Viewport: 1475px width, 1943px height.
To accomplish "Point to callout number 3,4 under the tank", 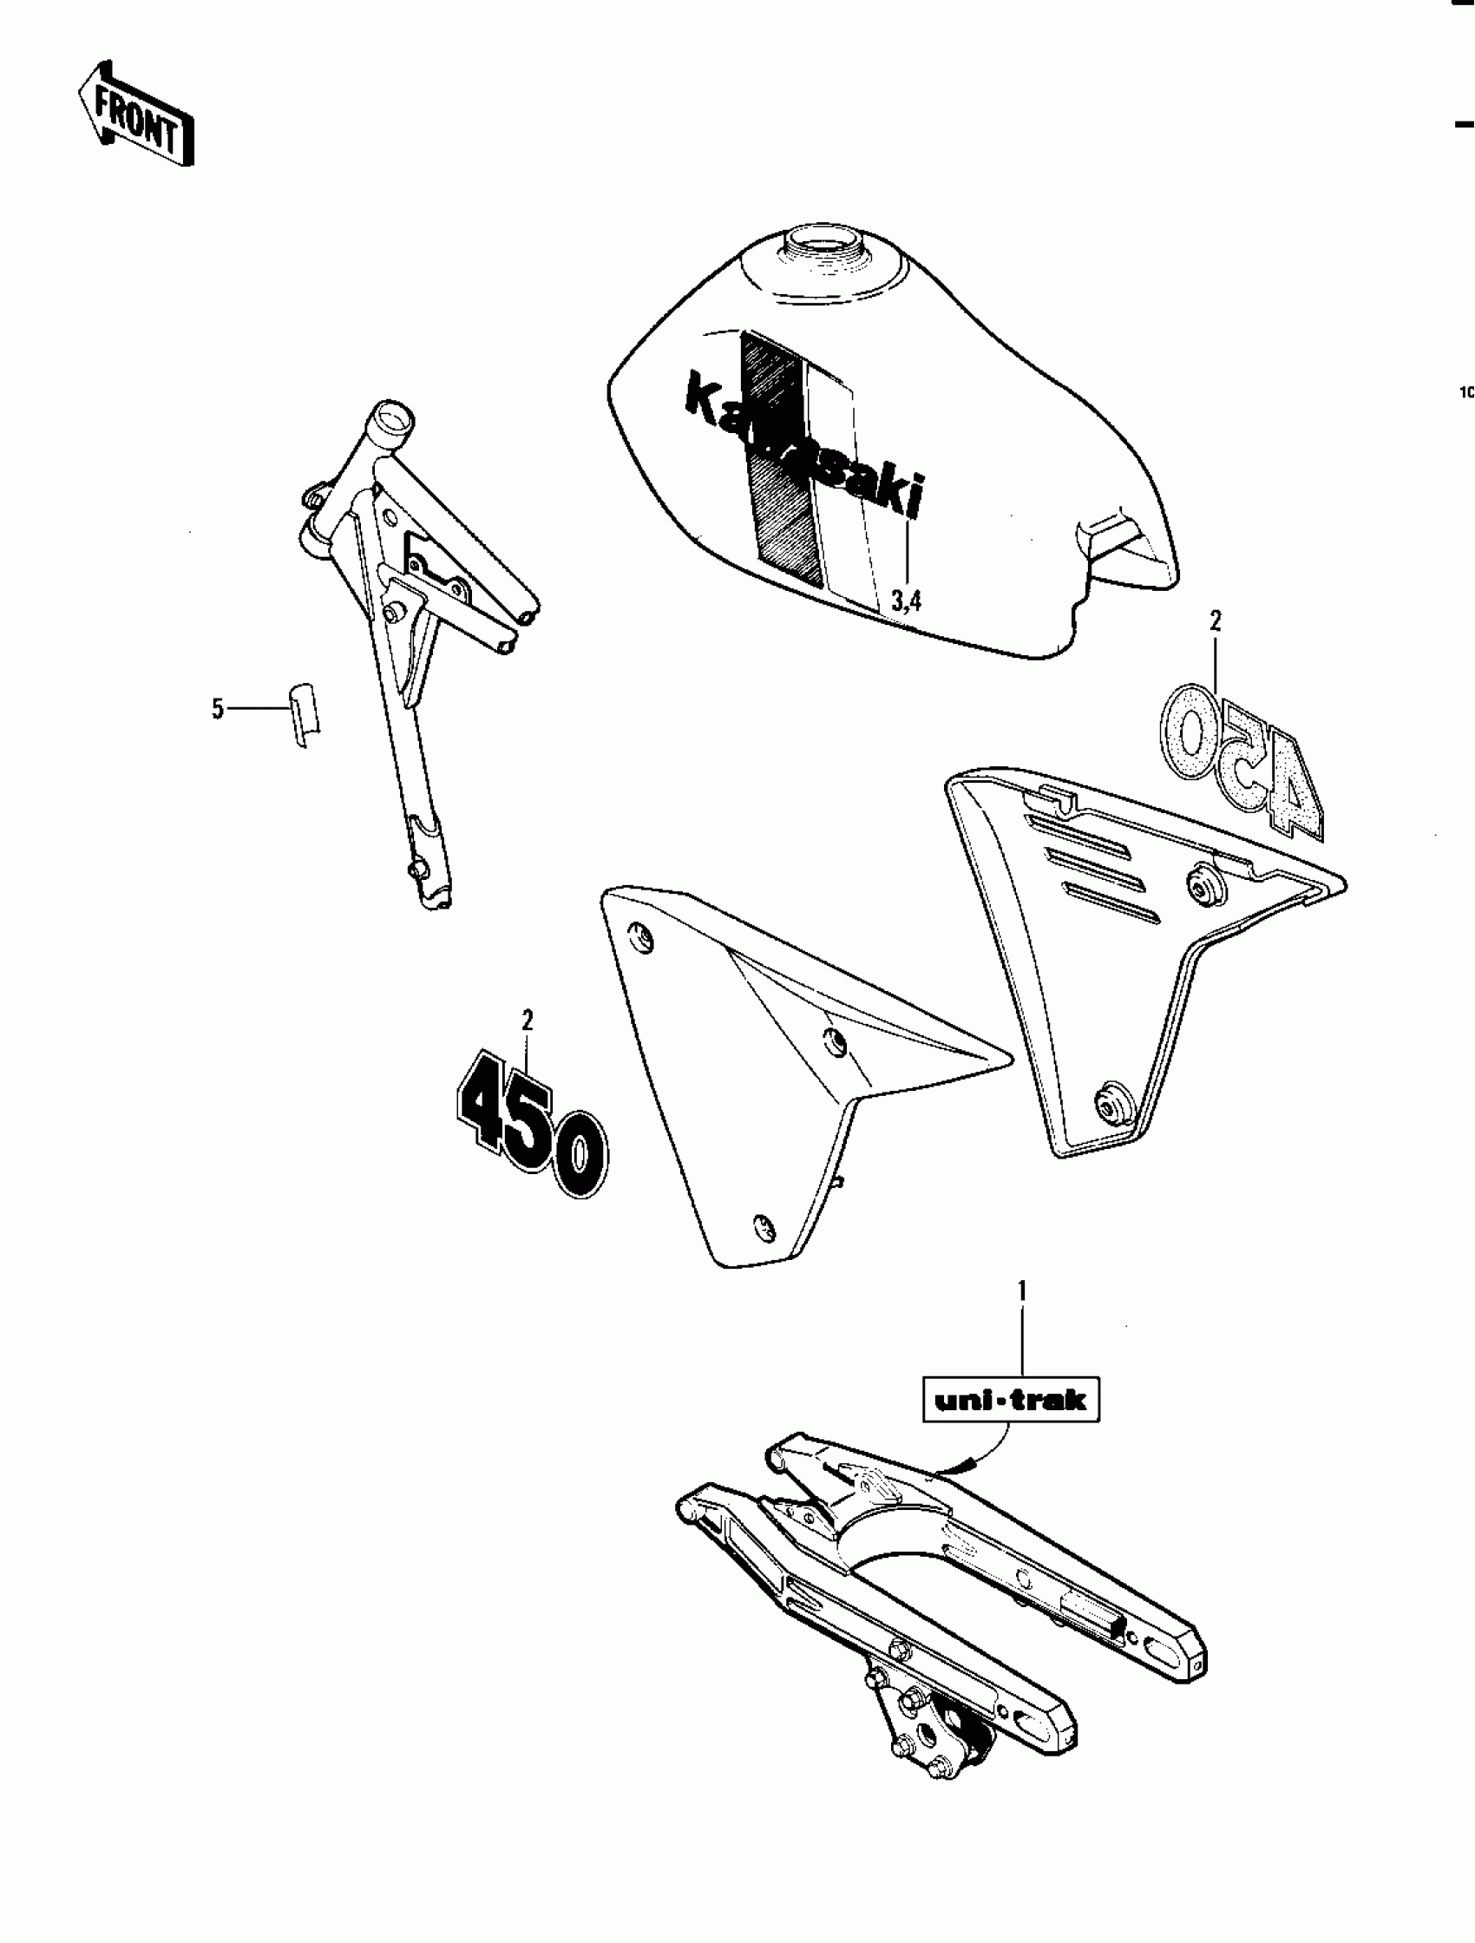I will (906, 601).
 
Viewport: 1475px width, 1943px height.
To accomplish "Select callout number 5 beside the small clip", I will (218, 708).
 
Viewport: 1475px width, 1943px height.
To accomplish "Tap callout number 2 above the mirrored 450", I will (1215, 622).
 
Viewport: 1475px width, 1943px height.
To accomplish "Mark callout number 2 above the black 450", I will (528, 1021).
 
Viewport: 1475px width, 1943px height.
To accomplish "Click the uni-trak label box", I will (1010, 1399).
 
